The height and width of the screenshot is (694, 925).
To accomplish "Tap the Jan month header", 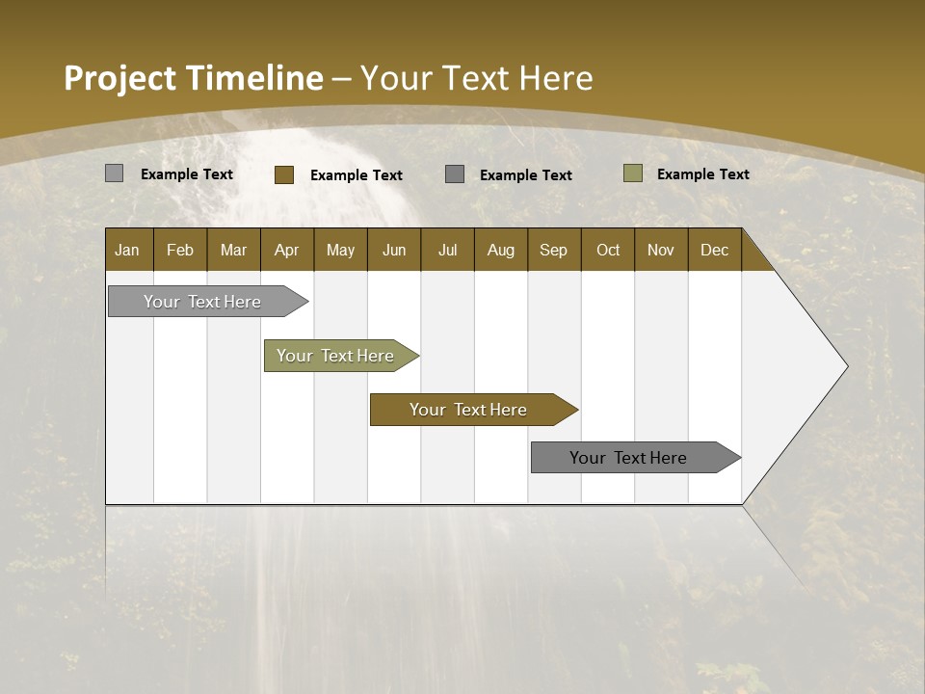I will (x=127, y=251).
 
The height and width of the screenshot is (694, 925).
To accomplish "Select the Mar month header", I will (x=233, y=251).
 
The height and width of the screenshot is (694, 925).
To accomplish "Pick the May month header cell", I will (x=340, y=251).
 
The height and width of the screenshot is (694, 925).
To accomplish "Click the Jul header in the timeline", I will (x=447, y=251).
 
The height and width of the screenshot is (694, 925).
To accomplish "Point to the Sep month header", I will (x=553, y=251).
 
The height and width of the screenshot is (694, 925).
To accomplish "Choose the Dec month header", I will (x=714, y=251).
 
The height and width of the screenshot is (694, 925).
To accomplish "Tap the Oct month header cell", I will (x=608, y=251).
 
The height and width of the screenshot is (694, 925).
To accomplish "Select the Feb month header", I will (x=180, y=251).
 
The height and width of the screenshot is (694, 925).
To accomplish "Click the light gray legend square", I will (x=114, y=173).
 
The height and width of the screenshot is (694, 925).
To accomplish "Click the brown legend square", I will (x=283, y=174).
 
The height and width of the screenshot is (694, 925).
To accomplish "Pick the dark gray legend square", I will (x=455, y=174).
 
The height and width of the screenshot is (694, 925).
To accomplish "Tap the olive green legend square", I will (x=632, y=173).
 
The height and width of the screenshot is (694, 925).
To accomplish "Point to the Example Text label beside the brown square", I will (x=356, y=175).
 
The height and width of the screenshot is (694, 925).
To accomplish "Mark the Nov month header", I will (x=661, y=251).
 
